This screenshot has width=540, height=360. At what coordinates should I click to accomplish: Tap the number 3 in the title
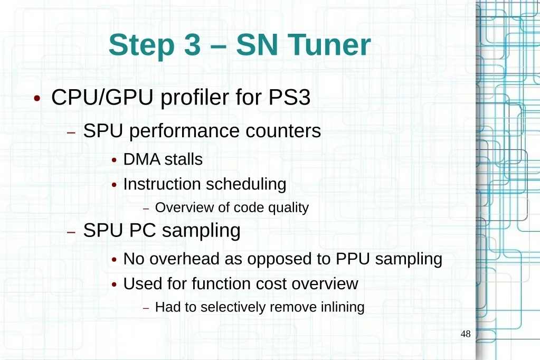[x=193, y=45]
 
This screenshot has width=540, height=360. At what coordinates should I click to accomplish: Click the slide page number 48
[x=466, y=334]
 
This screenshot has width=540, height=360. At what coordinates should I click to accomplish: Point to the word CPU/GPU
[x=102, y=97]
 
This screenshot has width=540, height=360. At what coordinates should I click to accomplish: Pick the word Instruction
[x=162, y=184]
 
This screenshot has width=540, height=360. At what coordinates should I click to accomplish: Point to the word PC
[x=143, y=230]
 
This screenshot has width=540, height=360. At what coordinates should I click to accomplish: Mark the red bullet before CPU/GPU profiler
[x=37, y=99]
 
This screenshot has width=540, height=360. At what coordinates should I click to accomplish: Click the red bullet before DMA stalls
[x=115, y=160]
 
